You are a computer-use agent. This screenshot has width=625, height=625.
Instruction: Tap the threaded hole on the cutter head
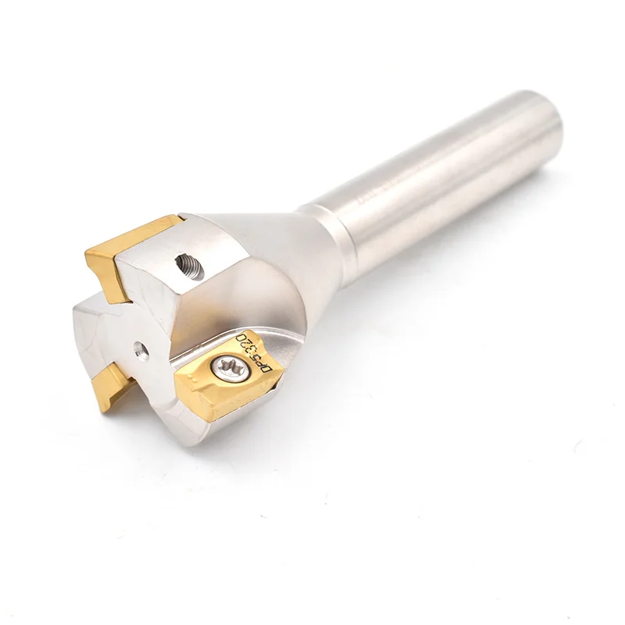coord(188,267)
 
